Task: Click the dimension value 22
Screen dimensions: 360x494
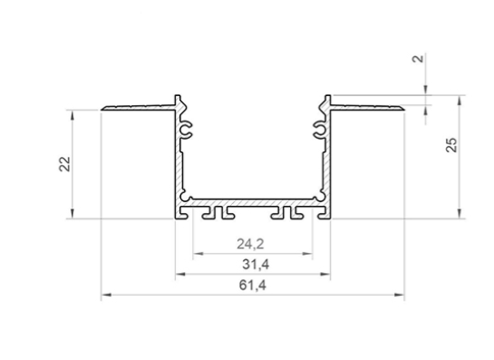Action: [63, 163]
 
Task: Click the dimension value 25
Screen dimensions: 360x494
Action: [451, 145]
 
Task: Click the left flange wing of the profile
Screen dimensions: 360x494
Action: [136, 107]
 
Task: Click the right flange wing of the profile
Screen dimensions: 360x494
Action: [367, 107]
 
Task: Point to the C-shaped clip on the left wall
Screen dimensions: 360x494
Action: [189, 131]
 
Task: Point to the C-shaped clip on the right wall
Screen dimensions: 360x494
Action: [317, 131]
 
